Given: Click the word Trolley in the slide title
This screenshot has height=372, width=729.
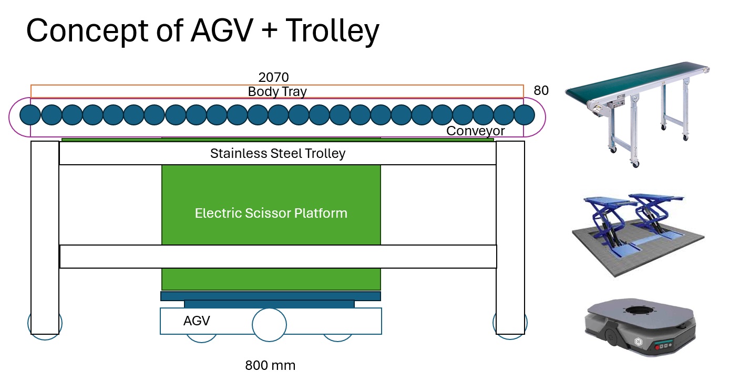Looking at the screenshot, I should click(332, 31).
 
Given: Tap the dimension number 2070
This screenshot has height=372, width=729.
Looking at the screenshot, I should click(274, 78).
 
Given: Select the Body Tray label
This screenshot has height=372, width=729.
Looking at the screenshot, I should click(277, 91).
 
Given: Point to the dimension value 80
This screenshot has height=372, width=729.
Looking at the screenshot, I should click(541, 91).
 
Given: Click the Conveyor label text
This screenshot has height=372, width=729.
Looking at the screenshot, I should click(475, 131).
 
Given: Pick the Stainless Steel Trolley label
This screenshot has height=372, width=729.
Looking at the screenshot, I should click(278, 154).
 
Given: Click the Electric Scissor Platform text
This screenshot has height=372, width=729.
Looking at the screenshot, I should click(271, 214).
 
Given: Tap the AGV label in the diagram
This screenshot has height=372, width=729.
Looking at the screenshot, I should click(197, 321).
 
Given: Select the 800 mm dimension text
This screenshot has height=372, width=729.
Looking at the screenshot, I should click(270, 365).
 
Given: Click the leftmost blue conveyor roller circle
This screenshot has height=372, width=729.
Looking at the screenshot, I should click(30, 114).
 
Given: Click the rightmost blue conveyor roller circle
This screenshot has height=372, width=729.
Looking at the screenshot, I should click(524, 114).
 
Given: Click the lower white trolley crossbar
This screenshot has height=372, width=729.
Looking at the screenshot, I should click(278, 257).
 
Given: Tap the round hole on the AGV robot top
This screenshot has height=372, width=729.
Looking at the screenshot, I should click(638, 315).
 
